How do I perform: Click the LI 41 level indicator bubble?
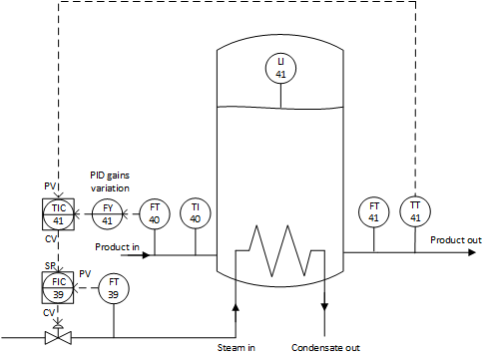pyautogui.click(x=280, y=68)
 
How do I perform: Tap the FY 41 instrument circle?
pyautogui.click(x=108, y=212)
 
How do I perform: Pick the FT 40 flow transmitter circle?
pyautogui.click(x=154, y=212)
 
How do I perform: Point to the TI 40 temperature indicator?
pyautogui.click(x=196, y=212)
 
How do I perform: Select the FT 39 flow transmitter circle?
pyautogui.click(x=113, y=289)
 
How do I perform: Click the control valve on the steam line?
pyautogui.click(x=57, y=337)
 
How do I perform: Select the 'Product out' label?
pyautogui.click(x=455, y=239)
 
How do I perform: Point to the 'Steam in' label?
pyautogui.click(x=237, y=348)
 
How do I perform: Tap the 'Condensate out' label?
pyautogui.click(x=325, y=348)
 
